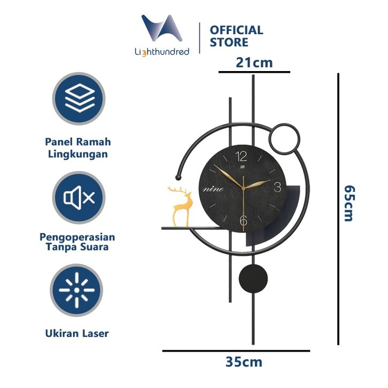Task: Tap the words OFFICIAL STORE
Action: click(x=236, y=36)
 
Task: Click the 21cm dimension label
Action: click(x=254, y=63)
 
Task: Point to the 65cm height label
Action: click(x=348, y=203)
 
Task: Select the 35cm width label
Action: click(x=244, y=362)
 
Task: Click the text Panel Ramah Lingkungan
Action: click(x=78, y=148)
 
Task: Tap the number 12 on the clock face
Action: click(x=241, y=156)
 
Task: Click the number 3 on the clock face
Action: click(x=277, y=187)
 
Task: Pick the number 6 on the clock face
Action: click(x=244, y=220)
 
